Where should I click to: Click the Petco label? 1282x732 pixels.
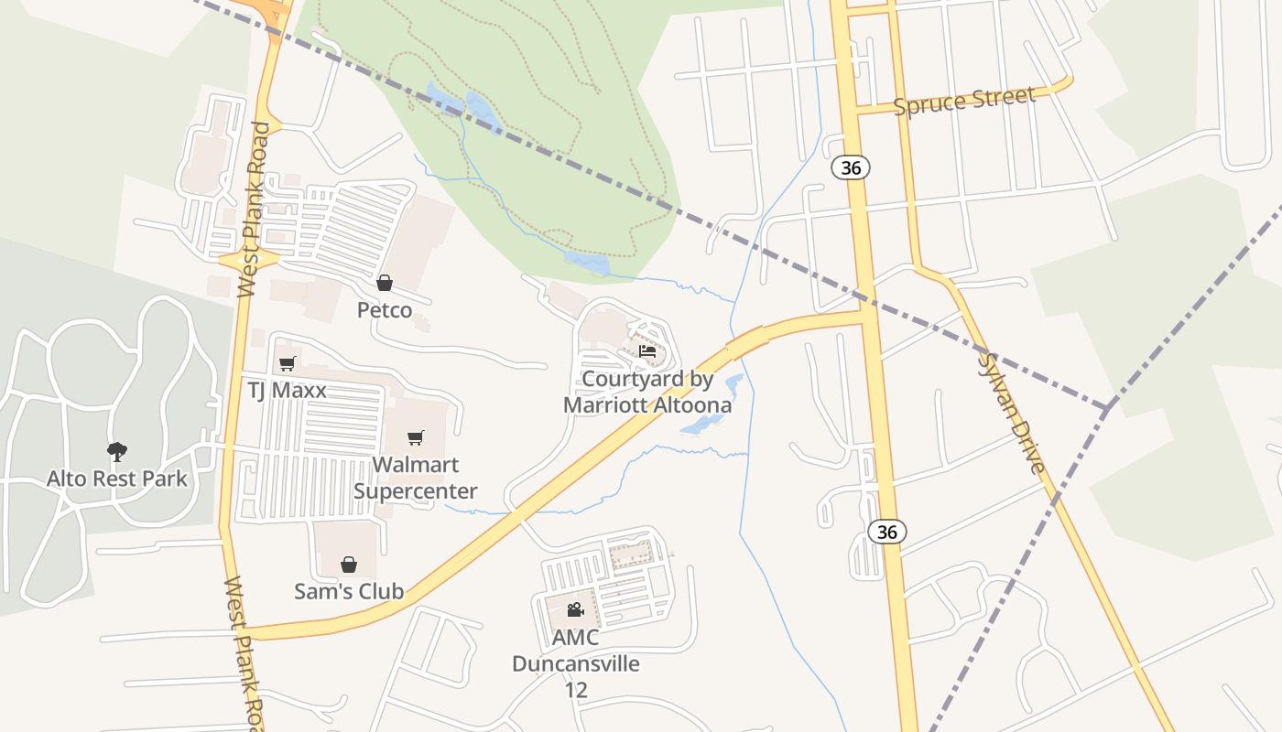[385, 310]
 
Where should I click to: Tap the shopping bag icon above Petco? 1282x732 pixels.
[385, 283]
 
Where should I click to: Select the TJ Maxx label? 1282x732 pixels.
[287, 391]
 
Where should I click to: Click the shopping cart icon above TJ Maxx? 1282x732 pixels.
[287, 363]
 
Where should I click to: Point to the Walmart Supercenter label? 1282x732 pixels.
[416, 478]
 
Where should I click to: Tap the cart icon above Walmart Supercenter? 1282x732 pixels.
[416, 438]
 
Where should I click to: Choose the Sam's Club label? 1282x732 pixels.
[349, 591]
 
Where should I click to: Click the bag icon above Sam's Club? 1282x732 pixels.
[349, 564]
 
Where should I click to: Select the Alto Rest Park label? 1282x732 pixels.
[117, 479]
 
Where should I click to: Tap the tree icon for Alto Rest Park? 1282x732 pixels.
[116, 451]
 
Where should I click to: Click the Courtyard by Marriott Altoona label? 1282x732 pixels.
[647, 392]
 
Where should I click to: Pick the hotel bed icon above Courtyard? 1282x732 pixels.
[647, 351]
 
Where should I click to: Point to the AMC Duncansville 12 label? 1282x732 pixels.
[575, 663]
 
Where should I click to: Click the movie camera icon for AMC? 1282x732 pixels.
[575, 609]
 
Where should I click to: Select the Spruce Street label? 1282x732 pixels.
[964, 100]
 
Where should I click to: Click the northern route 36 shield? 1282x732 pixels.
[851, 167]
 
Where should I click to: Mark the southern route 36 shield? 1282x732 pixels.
[886, 532]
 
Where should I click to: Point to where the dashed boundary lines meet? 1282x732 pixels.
[1107, 408]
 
